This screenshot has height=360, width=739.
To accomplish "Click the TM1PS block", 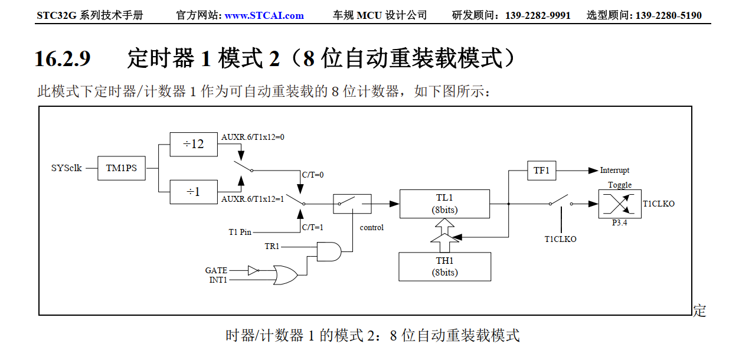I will (121, 168).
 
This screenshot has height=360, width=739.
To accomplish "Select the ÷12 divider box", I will (193, 144).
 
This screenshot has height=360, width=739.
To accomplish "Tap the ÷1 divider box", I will (193, 192).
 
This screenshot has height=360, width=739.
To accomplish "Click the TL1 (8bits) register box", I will (444, 204).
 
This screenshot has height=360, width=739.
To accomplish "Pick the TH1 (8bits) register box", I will (444, 267).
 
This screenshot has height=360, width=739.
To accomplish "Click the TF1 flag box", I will (541, 171).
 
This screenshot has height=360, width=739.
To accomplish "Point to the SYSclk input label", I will (66, 168).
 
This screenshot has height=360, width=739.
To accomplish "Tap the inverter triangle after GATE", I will (253, 271).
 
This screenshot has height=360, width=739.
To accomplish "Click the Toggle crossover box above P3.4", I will (619, 204).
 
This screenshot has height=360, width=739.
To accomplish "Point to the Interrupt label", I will (614, 171).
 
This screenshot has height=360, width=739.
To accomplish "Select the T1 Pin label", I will (240, 232).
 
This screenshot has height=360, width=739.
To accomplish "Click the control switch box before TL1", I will (352, 204).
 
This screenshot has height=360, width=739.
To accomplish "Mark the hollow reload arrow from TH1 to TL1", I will (444, 235).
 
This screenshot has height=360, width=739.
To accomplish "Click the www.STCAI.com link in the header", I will (264, 15).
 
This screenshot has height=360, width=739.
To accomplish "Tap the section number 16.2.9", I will (63, 58).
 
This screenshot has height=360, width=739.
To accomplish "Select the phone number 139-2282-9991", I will (538, 15).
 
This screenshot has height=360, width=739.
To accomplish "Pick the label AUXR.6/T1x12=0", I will (253, 137).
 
